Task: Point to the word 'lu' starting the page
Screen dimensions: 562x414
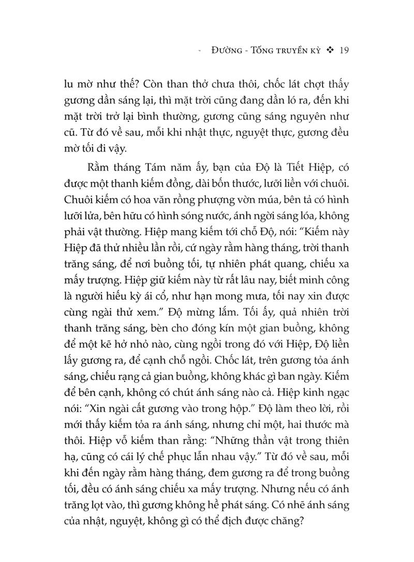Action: [67, 84]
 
